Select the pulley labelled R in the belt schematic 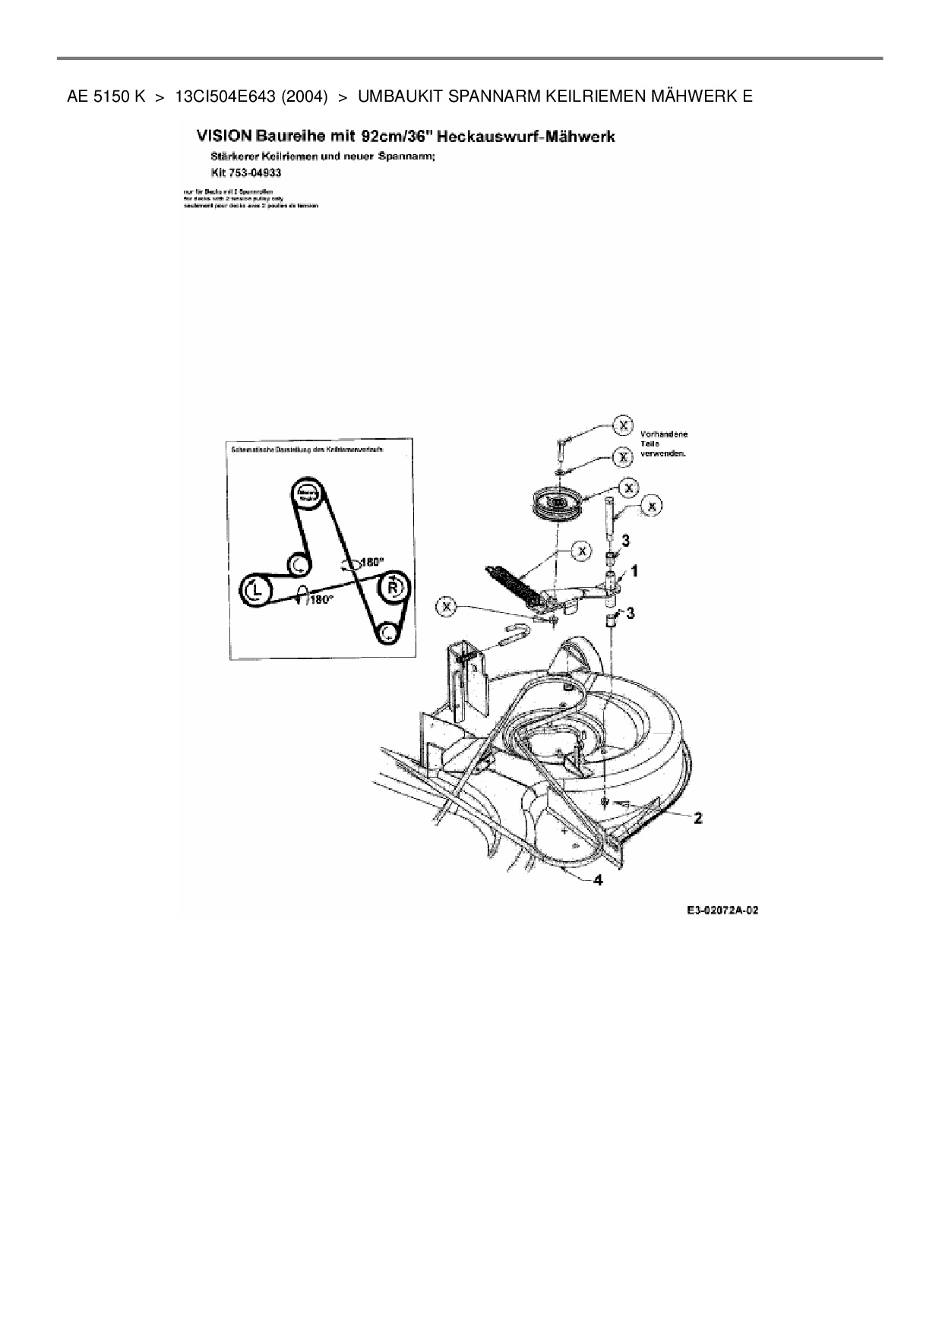click(x=393, y=587)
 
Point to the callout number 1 click(x=634, y=570)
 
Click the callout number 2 click(x=697, y=818)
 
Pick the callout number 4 click(x=599, y=880)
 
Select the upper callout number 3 click(x=625, y=540)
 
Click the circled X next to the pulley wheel click(x=628, y=486)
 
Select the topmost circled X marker click(x=623, y=425)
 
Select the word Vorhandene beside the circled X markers click(x=664, y=434)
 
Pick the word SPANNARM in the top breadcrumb click(x=487, y=97)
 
